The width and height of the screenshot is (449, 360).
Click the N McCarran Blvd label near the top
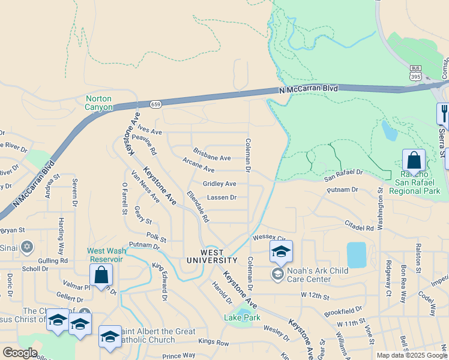(309, 89)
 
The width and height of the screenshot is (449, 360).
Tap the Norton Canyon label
(99, 103)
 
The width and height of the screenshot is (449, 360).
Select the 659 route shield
(155, 104)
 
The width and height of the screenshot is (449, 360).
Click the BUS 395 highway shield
(416, 74)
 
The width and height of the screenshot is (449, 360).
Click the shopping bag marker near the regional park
(414, 161)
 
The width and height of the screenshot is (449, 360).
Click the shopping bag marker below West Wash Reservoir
(101, 275)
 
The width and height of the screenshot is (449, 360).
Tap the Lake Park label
(242, 317)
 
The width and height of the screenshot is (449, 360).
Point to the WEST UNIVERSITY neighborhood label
(212, 256)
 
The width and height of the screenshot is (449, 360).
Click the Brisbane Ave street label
(212, 158)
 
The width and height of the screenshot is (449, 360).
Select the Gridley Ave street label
(219, 184)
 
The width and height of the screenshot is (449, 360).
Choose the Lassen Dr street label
(221, 197)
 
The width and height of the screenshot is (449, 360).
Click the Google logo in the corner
(20, 353)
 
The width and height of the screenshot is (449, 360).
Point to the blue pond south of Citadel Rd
(356, 255)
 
